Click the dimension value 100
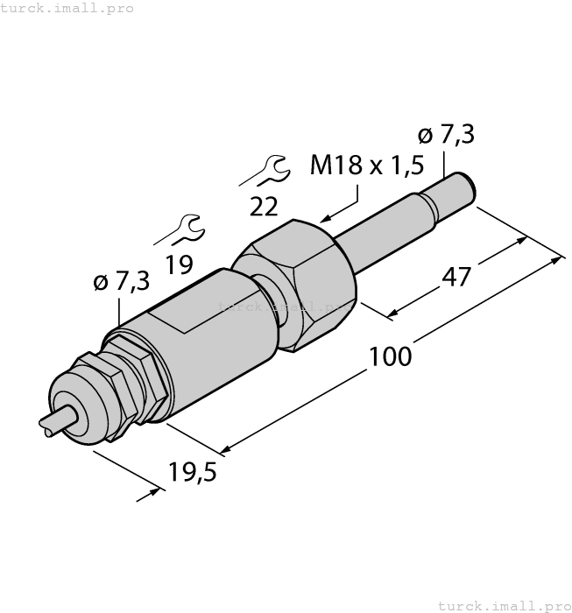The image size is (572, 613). tap(390, 356)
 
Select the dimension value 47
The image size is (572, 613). tap(455, 276)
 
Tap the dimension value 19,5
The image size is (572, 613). tap(192, 474)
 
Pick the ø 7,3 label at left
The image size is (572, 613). tap(121, 282)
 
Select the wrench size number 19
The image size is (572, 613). tap(180, 264)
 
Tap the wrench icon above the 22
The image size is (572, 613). tap(263, 170)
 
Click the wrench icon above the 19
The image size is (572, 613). tap(180, 229)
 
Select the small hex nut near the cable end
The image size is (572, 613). tap(131, 381)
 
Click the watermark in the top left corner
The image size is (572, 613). tap(67, 8)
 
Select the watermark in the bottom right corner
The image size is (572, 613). tap(503, 605)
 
